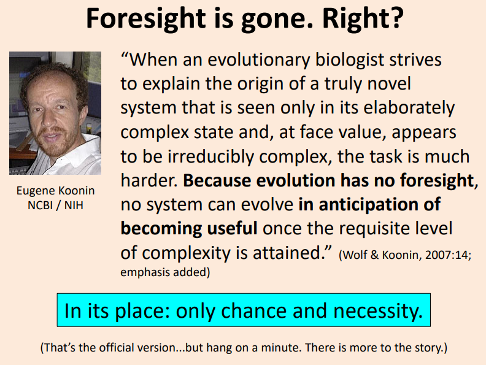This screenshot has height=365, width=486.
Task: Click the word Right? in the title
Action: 363,18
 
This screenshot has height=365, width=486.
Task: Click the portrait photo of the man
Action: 55,113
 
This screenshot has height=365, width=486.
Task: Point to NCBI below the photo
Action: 40,205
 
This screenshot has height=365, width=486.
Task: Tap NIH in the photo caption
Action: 74,205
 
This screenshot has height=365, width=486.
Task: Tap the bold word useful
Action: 232,229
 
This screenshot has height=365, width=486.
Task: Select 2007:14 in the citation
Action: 448,255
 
